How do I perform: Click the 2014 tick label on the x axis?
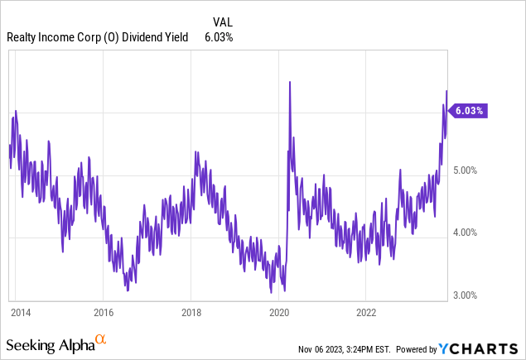pyautogui.click(x=22, y=314)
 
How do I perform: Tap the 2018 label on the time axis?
pyautogui.click(x=191, y=314)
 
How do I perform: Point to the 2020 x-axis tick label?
pyautogui.click(x=278, y=314)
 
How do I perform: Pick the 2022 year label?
pyautogui.click(x=366, y=314)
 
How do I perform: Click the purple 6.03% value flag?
pyautogui.click(x=468, y=109)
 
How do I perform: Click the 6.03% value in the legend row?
pyautogui.click(x=220, y=36)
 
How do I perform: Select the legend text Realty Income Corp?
pyautogui.click(x=51, y=36)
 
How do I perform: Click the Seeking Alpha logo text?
pyautogui.click(x=50, y=343)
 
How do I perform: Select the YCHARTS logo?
pyautogui.click(x=490, y=344)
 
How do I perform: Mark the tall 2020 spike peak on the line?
pyautogui.click(x=289, y=81)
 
